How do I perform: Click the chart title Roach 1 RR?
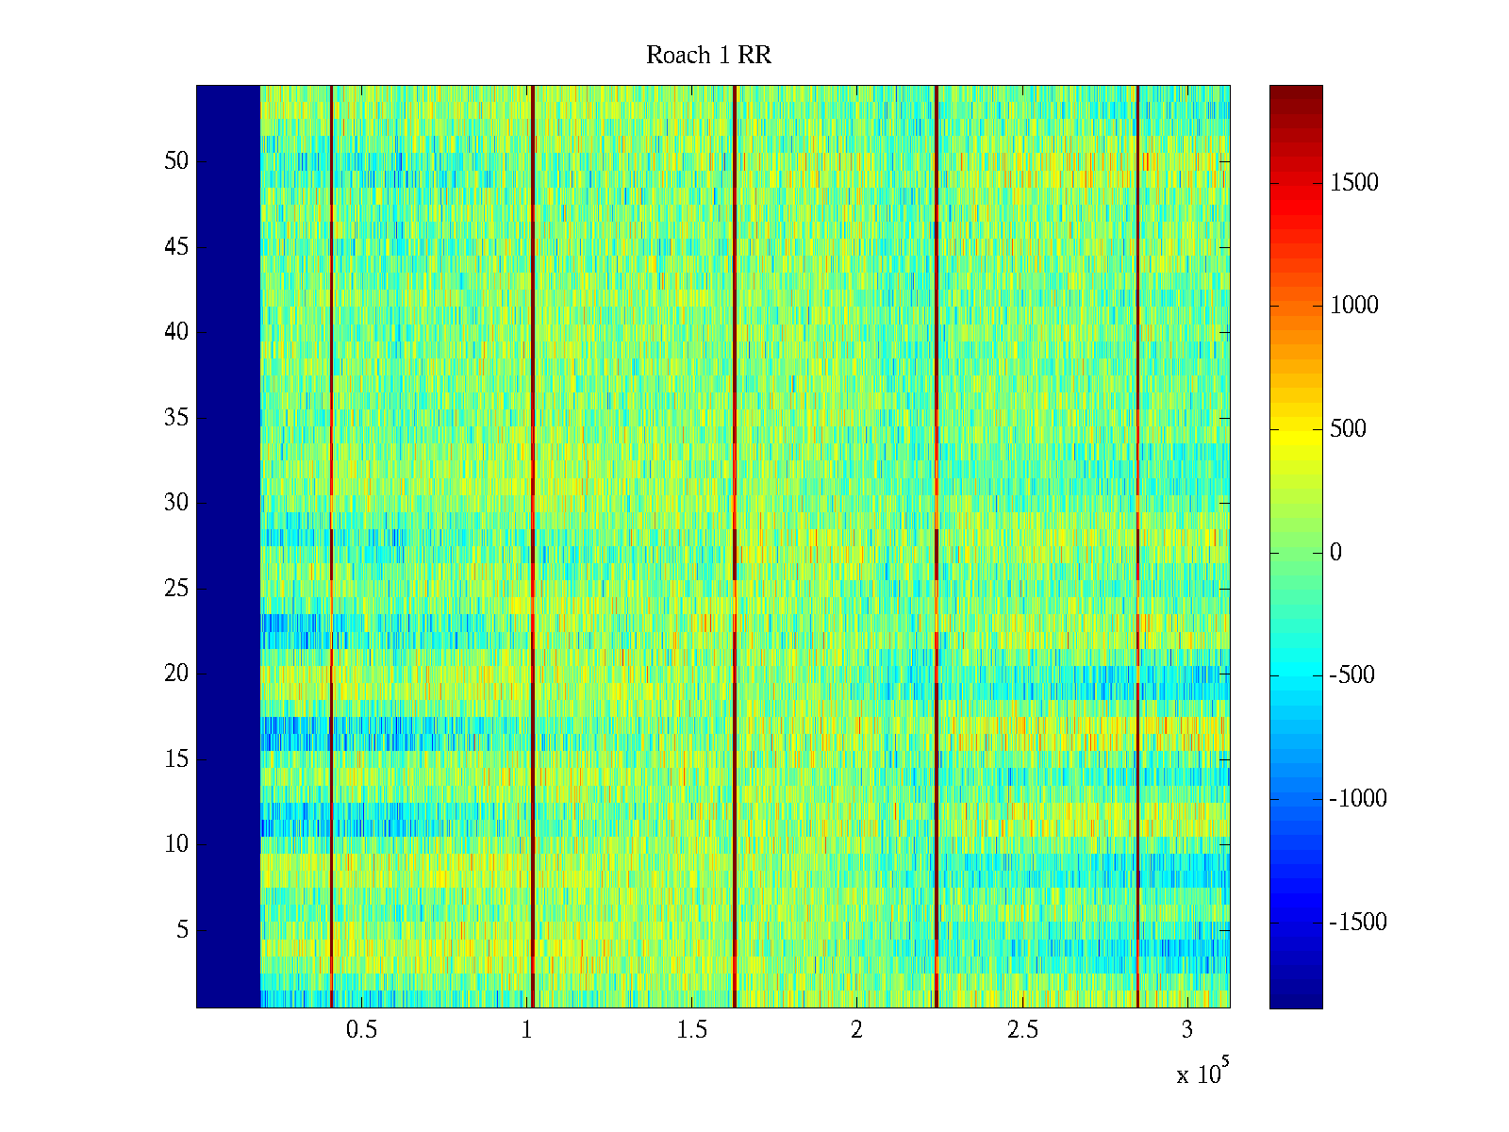point(708,56)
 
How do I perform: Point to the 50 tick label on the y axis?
point(176,161)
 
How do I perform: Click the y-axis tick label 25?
point(176,589)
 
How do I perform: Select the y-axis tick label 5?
point(182,930)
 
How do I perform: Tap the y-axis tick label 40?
point(176,332)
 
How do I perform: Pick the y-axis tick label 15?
point(176,759)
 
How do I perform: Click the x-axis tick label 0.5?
point(361,1030)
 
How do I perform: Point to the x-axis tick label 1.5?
point(691,1030)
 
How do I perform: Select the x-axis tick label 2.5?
point(1022,1030)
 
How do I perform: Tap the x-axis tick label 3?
point(1187,1030)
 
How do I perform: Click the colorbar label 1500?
point(1354,183)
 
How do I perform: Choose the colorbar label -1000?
point(1358,799)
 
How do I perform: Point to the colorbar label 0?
point(1335,553)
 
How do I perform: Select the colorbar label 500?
point(1349,429)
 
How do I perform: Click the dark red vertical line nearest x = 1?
point(533,547)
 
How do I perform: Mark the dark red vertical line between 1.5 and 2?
point(735,547)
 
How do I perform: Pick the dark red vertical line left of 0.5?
point(331,547)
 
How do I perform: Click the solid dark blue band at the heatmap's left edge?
point(228,547)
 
